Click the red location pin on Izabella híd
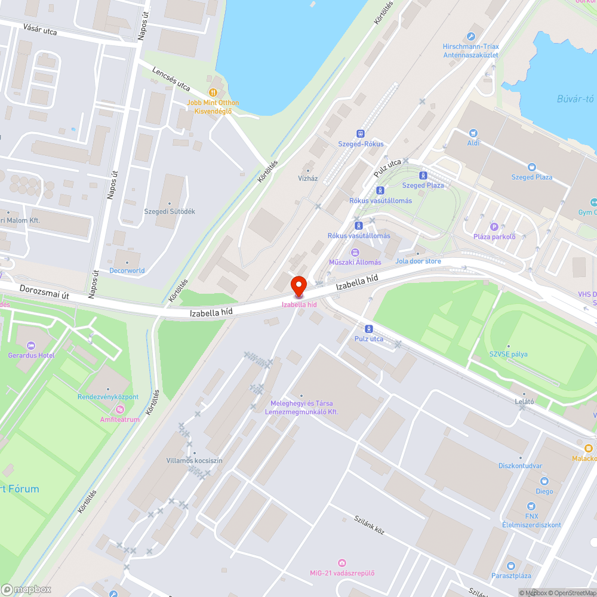(x=298, y=285)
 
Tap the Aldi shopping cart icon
(x=473, y=133)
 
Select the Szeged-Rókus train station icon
(x=360, y=134)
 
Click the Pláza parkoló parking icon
(x=494, y=226)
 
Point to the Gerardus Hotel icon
(x=31, y=346)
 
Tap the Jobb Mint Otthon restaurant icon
(x=212, y=92)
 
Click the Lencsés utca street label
(x=171, y=78)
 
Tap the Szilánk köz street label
(x=368, y=525)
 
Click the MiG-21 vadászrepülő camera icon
(x=341, y=563)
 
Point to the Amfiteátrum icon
(x=120, y=410)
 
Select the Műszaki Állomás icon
(x=355, y=252)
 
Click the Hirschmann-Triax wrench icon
(x=471, y=36)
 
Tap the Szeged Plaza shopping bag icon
(x=531, y=168)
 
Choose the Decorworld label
(x=127, y=270)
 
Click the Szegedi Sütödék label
(x=170, y=211)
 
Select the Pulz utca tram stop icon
(x=368, y=328)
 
